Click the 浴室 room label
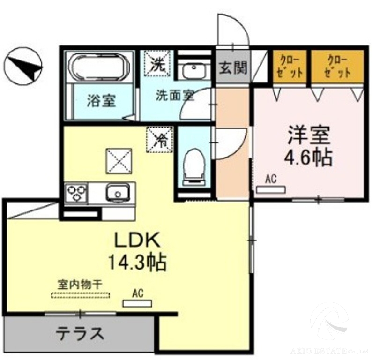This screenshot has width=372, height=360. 101,101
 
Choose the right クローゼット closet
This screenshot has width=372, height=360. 338,67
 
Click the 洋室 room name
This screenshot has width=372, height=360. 309,135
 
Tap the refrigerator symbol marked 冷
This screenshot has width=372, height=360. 159,140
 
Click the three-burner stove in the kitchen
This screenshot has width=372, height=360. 76,194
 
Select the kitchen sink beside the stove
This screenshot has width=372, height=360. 117,193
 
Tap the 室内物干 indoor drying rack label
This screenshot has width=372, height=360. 80,284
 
